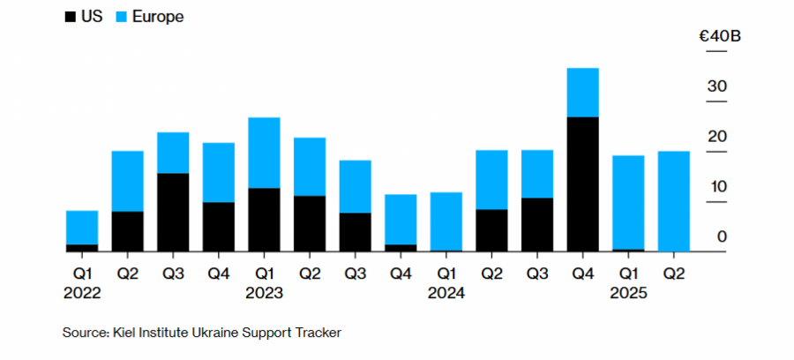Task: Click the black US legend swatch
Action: (70, 17)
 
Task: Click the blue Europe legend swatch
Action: (120, 17)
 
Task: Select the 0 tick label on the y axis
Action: (722, 236)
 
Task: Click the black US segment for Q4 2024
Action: (583, 184)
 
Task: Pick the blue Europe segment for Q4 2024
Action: (583, 92)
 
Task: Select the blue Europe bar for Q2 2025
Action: (674, 201)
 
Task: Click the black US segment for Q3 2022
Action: (173, 212)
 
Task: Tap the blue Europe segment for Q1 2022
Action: (82, 227)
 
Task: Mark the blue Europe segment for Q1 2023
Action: (264, 153)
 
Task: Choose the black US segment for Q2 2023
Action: (310, 223)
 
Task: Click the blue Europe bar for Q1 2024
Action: (446, 221)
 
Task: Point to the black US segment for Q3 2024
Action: (537, 224)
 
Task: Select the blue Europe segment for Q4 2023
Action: (401, 219)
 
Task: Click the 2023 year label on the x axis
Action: (264, 293)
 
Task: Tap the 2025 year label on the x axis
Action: (628, 293)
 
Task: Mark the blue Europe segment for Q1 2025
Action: (628, 202)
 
